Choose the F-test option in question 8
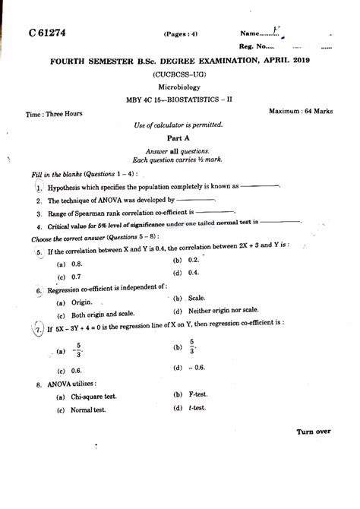click(x=200, y=395)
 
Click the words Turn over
click(x=314, y=431)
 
